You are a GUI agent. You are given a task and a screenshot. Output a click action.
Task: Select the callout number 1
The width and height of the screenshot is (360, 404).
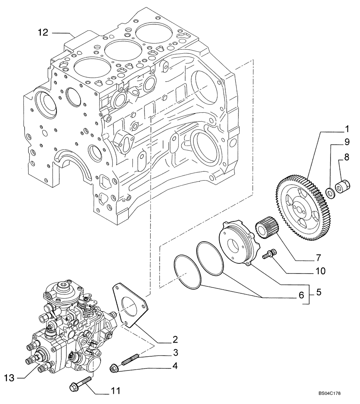346,129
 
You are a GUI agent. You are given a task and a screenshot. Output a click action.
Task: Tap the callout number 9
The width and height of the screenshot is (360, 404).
346,142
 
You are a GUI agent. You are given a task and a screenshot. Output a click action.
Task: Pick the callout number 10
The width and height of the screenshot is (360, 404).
320,271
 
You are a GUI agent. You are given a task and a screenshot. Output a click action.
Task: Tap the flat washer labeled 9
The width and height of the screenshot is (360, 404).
331,193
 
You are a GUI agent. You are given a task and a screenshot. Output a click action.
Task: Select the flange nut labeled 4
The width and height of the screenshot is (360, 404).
114,368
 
